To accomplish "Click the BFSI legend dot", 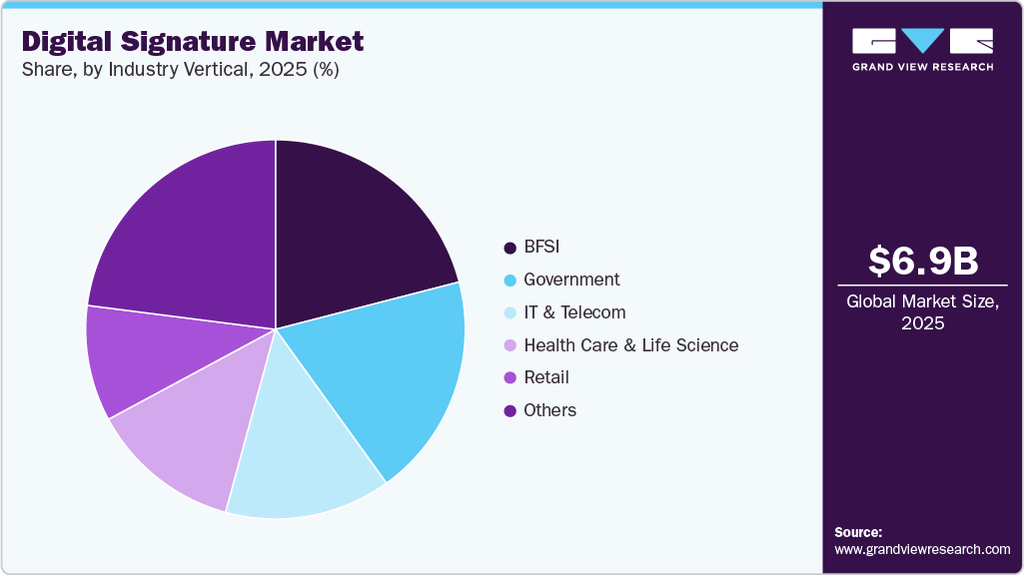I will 510,248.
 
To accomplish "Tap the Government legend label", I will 571,280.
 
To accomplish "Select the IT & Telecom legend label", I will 574,312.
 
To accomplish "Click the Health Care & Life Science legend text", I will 630,345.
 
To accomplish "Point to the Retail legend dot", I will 510,378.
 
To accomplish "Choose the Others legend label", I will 549,410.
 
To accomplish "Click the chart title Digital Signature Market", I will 192,42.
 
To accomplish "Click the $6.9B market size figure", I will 922,261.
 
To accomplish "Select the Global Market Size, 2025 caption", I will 922,311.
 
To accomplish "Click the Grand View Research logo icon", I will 922,40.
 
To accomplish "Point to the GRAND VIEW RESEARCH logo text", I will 922,67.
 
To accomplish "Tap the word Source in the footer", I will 858,532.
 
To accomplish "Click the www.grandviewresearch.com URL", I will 922,549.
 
